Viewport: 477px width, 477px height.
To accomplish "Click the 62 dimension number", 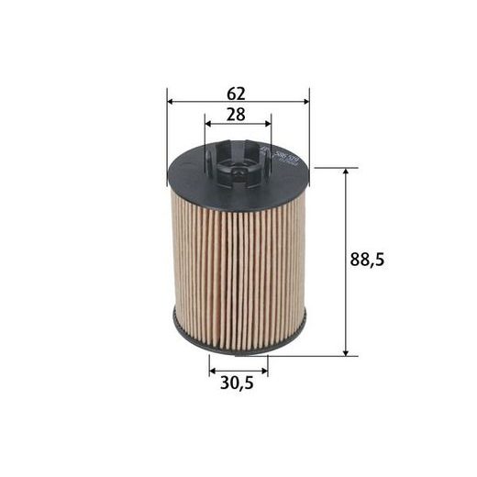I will [238, 93].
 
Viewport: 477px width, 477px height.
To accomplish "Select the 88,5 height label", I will [366, 261].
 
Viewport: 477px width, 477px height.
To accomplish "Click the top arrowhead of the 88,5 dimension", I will [347, 173].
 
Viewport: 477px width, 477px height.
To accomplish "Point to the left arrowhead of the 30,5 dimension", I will [212, 371].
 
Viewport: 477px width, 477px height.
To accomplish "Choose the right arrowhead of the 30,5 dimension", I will [264, 371].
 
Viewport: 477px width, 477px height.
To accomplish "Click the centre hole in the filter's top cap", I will [237, 169].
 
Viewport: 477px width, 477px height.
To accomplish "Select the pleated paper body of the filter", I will [238, 266].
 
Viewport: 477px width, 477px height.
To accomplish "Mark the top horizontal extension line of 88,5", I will [330, 169].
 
